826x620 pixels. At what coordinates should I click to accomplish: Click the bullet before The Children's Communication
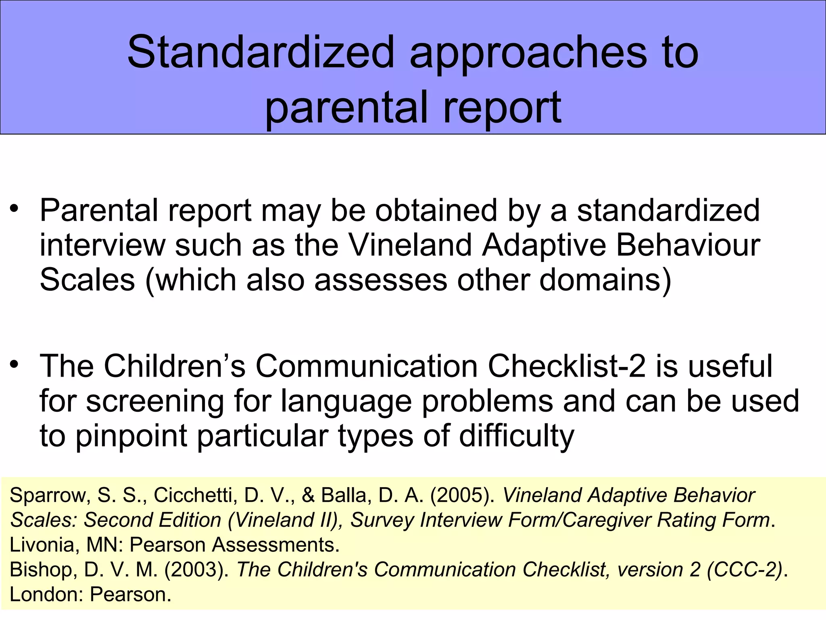15,364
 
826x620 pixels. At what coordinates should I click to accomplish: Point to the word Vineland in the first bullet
410,245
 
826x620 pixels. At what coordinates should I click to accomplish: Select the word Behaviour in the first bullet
688,245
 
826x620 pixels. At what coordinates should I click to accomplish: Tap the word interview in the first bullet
102,245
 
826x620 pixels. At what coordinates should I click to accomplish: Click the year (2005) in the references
462,495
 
